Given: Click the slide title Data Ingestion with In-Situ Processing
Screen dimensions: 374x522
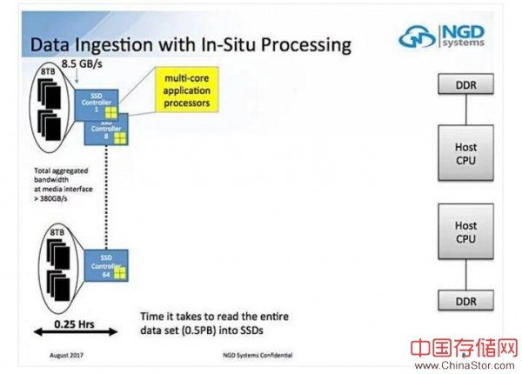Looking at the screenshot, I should [x=191, y=43].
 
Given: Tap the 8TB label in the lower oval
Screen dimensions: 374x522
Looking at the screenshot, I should [x=57, y=234].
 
